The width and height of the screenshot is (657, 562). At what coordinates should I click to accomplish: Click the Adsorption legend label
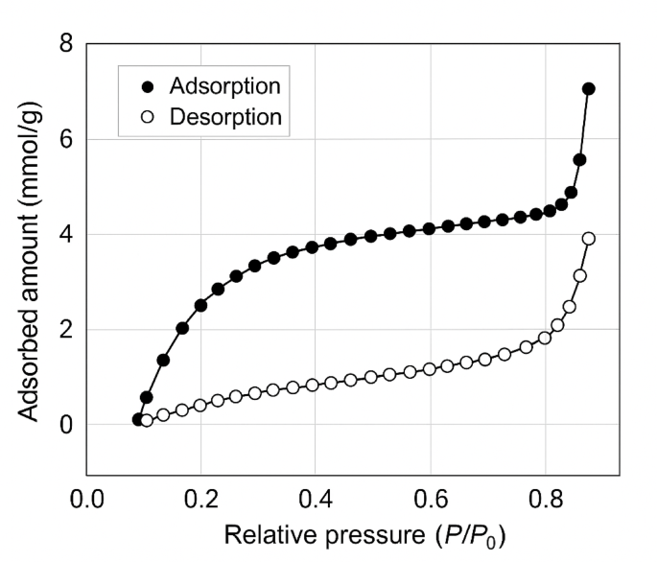pyautogui.click(x=224, y=86)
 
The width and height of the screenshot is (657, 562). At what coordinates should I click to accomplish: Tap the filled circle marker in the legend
pyautogui.click(x=147, y=86)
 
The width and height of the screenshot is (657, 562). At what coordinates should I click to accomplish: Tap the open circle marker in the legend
pyautogui.click(x=147, y=117)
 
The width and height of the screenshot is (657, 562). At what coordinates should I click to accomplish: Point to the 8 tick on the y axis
pyautogui.click(x=65, y=44)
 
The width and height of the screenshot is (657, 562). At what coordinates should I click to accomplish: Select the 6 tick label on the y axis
pyautogui.click(x=65, y=139)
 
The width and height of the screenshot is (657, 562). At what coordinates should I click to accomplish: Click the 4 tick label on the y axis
pyautogui.click(x=65, y=235)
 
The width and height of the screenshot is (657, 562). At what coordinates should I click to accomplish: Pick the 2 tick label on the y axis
pyautogui.click(x=65, y=330)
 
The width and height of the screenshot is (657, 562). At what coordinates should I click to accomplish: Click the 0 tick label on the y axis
pyautogui.click(x=65, y=425)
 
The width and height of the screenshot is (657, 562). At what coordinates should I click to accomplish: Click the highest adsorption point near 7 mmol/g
pyautogui.click(x=588, y=88)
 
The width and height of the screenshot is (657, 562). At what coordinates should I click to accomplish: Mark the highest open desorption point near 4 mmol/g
pyautogui.click(x=588, y=239)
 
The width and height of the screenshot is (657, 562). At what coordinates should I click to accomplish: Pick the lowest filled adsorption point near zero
pyautogui.click(x=138, y=419)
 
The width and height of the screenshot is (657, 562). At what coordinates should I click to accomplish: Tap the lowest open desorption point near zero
pyautogui.click(x=147, y=421)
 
